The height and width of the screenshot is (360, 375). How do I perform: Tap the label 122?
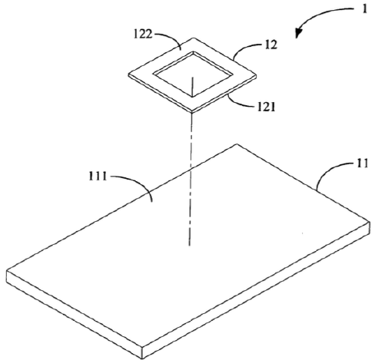pyautogui.click(x=143, y=34)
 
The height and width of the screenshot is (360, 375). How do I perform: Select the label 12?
pyautogui.click(x=271, y=45)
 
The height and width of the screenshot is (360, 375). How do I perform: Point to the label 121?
pyautogui.click(x=266, y=107)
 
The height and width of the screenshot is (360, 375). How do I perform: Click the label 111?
pyautogui.click(x=98, y=177)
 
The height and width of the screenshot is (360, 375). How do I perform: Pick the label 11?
pyautogui.click(x=362, y=163)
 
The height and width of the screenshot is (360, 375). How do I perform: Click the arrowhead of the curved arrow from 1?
pyautogui.click(x=299, y=33)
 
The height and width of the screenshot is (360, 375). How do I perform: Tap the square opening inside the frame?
pyautogui.click(x=193, y=74)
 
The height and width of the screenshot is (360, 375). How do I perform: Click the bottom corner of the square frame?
pyautogui.click(x=192, y=112)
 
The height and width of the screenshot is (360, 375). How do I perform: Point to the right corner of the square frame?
pyautogui.click(x=257, y=75)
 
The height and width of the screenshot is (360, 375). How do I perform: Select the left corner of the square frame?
pyautogui.click(x=128, y=75)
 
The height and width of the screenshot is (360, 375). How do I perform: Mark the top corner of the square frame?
pyautogui.click(x=194, y=38)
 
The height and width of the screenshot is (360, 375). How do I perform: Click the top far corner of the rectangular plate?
pyautogui.click(x=237, y=144)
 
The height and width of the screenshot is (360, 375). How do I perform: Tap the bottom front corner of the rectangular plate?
pyautogui.click(x=141, y=358)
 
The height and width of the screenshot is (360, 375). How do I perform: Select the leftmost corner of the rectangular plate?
pyautogui.click(x=6, y=271)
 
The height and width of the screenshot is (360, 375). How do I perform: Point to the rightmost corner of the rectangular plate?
pyautogui.click(x=370, y=221)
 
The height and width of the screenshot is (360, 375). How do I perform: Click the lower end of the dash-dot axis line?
pyautogui.click(x=189, y=246)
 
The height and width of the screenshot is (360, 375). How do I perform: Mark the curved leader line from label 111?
pyautogui.click(x=139, y=182)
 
